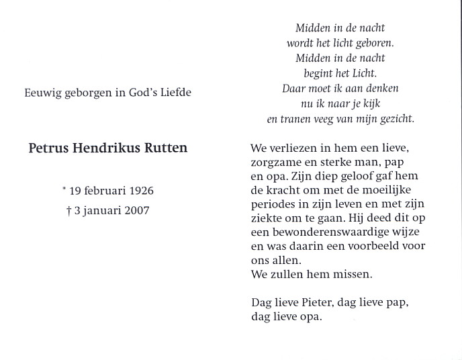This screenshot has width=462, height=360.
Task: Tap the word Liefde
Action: click(173, 93)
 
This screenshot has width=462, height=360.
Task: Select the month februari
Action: click(103, 191)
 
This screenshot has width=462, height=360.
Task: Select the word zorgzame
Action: click(275, 163)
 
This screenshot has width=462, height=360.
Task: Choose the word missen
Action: click(353, 274)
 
